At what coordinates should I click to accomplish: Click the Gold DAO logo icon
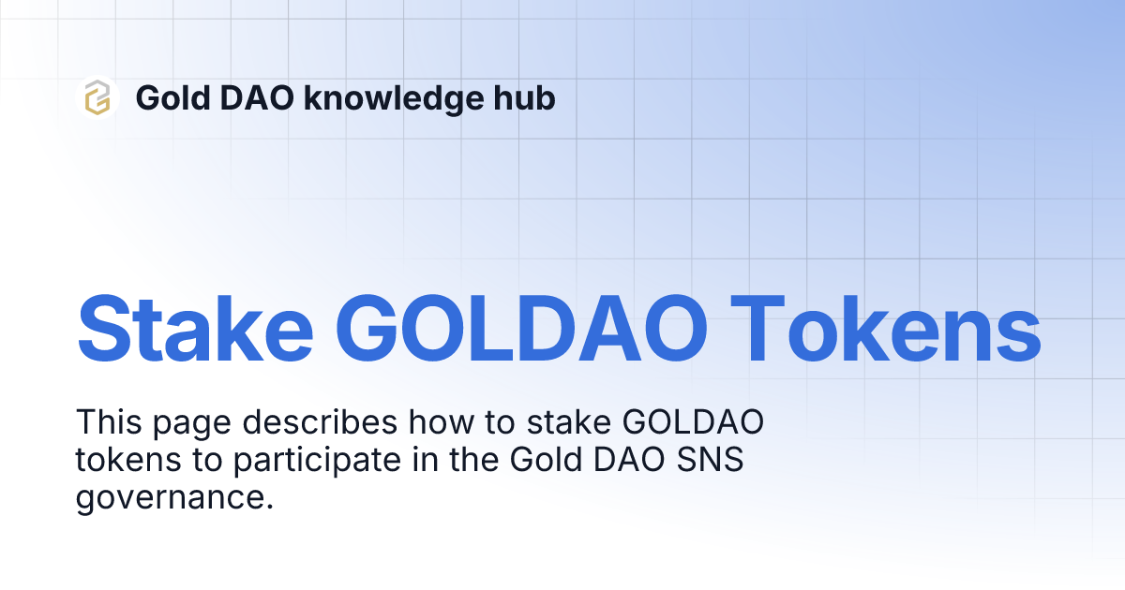(x=97, y=97)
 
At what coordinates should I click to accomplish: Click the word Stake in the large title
(x=194, y=329)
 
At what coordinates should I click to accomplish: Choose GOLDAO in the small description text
(x=693, y=423)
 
